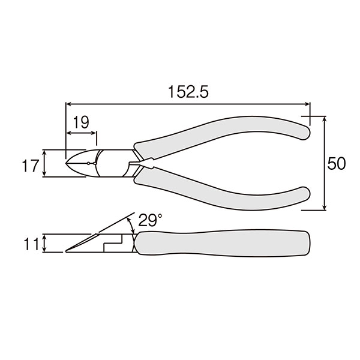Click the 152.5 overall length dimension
188,92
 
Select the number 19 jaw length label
81,122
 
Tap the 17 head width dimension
29,166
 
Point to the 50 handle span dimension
337,164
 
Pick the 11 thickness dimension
31,244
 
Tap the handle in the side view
222,243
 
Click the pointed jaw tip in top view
66,163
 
